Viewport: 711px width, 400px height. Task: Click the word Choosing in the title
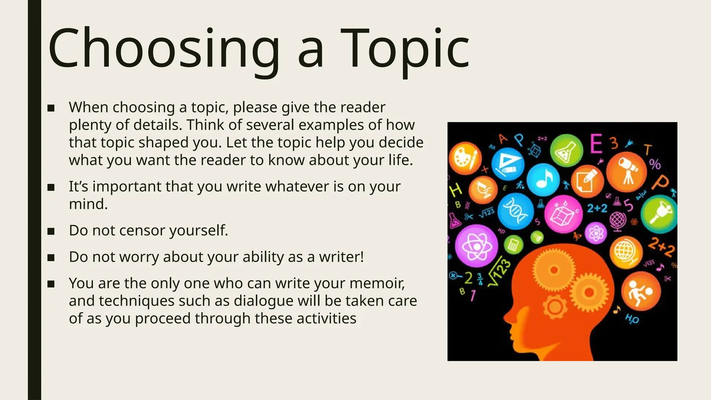163,49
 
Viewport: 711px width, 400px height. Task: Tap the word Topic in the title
404,49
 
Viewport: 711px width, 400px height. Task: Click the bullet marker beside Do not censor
51,231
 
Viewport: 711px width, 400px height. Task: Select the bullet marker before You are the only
51,284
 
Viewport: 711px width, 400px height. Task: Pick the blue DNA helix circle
515,211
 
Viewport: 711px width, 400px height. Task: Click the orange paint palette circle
465,158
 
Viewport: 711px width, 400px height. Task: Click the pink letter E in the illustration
596,144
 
